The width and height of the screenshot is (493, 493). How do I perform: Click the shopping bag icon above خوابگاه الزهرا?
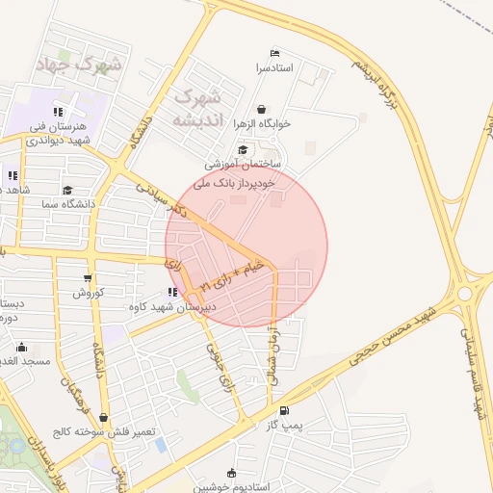click(264, 107)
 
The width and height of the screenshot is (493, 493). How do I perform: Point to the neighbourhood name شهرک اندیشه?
click(198, 108)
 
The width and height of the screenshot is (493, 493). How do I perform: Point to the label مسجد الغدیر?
click(24, 361)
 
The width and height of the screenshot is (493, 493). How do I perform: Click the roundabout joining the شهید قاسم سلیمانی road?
click(469, 292)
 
